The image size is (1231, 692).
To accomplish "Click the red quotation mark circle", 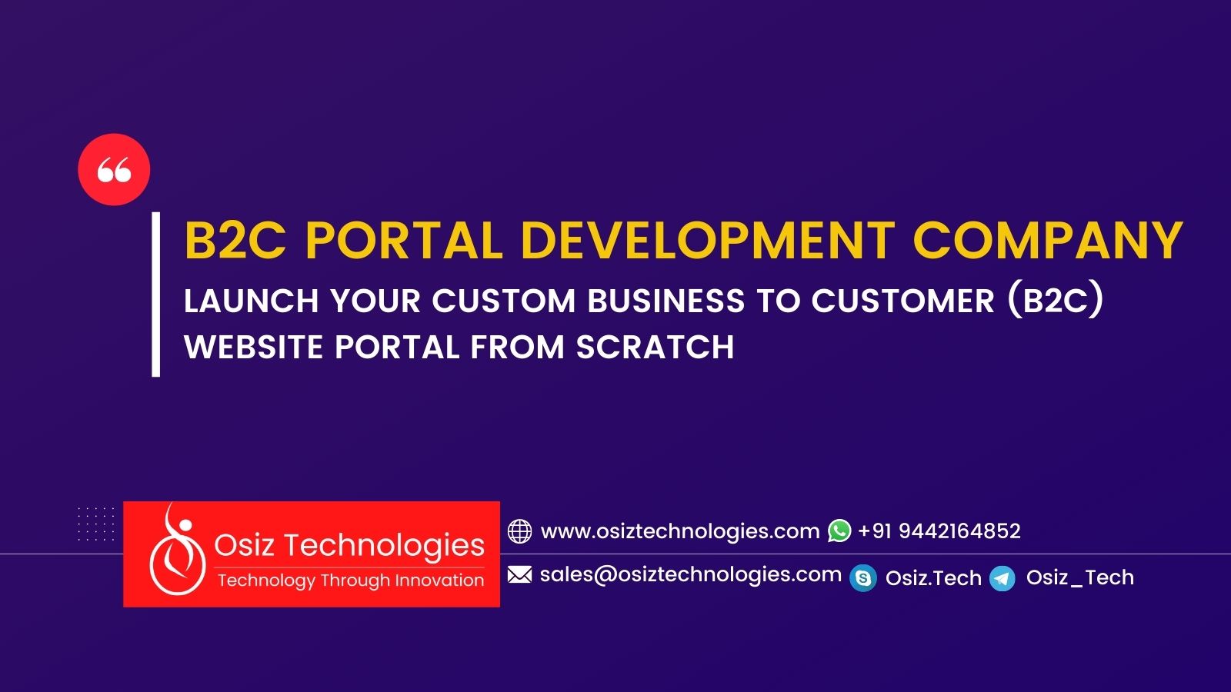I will [x=114, y=169].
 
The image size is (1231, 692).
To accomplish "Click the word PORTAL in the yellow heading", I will [x=404, y=241].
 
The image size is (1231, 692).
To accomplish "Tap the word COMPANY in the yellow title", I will [x=1048, y=241].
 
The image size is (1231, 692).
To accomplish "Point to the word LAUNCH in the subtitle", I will [x=251, y=301].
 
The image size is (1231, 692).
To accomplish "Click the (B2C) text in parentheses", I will [x=1056, y=301].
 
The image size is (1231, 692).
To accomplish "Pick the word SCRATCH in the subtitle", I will [x=655, y=348].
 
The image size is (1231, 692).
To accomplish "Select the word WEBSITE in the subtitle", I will [x=253, y=348].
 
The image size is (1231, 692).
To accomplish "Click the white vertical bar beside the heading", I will [x=156, y=294].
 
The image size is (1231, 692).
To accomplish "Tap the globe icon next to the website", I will [x=519, y=531].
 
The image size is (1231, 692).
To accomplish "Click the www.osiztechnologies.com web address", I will [x=680, y=531].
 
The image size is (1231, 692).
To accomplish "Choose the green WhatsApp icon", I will [x=839, y=531].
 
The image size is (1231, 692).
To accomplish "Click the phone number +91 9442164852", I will [x=939, y=531].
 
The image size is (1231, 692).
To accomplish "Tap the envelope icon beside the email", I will [x=519, y=574].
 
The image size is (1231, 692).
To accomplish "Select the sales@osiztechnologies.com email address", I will [x=690, y=574].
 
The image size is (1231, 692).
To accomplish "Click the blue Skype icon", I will [x=863, y=578].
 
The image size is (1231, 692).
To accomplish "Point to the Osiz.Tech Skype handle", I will [x=933, y=578].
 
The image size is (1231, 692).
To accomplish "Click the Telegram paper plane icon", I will [x=1002, y=578].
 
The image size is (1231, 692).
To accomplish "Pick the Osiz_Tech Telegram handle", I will [x=1079, y=577].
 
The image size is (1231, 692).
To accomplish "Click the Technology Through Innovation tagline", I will [x=351, y=581].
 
